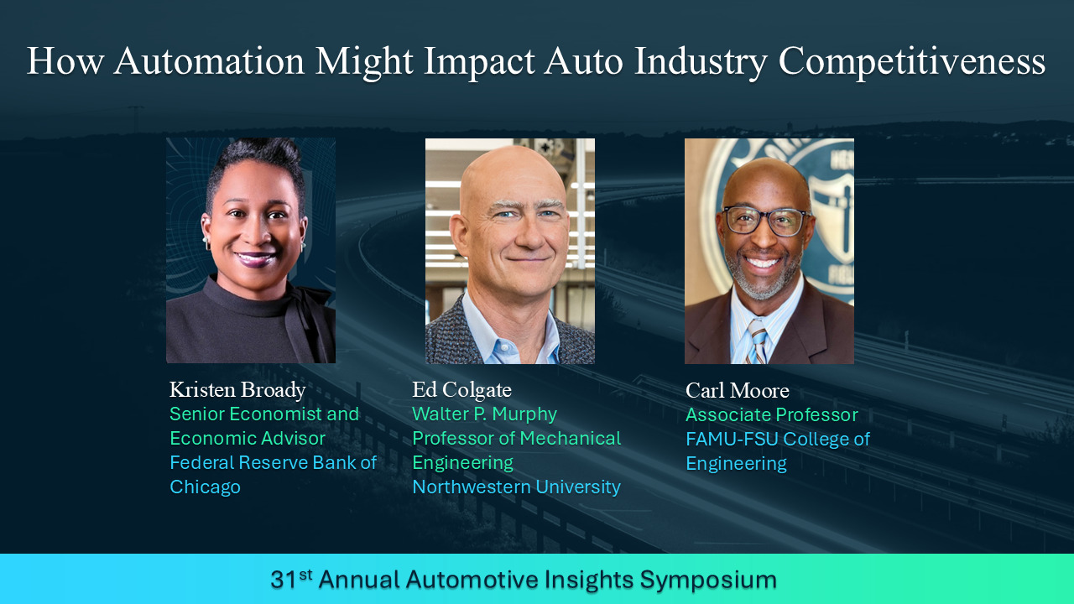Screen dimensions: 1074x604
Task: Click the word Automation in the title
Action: [x=209, y=61]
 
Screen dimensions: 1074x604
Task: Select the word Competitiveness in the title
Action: [x=912, y=62]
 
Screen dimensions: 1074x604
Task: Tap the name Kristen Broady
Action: [x=237, y=390]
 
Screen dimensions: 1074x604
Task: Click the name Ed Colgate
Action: [x=461, y=390]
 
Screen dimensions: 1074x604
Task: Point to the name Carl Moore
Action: [x=737, y=391]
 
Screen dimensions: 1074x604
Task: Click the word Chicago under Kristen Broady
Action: [x=206, y=487]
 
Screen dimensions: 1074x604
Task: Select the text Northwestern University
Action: [x=516, y=487]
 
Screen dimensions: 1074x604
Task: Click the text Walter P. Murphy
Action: [x=484, y=414]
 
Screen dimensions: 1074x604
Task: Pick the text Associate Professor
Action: [x=771, y=415]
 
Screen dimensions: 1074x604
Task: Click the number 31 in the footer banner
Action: [x=284, y=580]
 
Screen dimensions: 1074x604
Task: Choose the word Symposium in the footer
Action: [x=708, y=581]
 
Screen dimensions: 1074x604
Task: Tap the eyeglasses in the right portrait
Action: [x=766, y=221]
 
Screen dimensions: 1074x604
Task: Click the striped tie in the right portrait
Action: [x=757, y=341]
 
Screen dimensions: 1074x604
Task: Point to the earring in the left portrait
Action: [x=206, y=240]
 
